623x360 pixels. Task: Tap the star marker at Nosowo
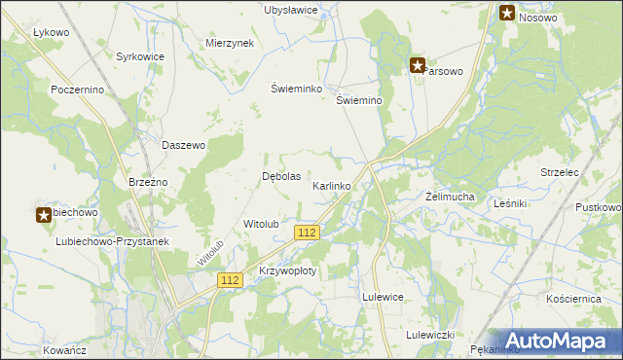coord(507,13)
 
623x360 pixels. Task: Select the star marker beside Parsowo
coord(418,66)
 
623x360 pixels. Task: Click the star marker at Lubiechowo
coord(45,215)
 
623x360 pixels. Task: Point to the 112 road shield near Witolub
coord(307,232)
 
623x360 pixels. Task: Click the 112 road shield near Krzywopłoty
coord(229,280)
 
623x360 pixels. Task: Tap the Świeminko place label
coord(296,88)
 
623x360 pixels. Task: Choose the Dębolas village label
coord(281,177)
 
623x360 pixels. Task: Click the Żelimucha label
coord(450,197)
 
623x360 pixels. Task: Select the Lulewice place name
coord(383,297)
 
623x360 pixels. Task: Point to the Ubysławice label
coord(291,10)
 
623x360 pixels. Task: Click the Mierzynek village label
coord(230,44)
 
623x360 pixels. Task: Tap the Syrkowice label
coord(140,57)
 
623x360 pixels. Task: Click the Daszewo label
coord(183,145)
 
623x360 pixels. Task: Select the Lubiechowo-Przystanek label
coord(113,241)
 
